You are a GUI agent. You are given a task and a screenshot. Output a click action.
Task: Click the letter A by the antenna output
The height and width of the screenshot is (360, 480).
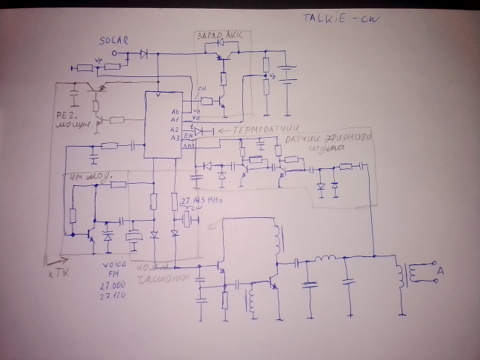tap(441, 273)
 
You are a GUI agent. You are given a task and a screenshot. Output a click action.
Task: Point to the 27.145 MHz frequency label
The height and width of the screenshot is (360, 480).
tap(197, 199)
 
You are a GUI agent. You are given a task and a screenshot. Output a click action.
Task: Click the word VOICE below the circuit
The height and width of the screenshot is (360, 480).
tap(116, 266)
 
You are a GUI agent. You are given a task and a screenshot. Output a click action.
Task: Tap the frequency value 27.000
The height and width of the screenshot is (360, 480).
tap(116, 284)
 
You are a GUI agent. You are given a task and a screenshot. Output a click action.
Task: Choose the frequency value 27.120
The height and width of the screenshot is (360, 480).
tap(116, 296)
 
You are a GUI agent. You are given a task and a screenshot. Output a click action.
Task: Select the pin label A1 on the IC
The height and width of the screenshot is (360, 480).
tap(175, 119)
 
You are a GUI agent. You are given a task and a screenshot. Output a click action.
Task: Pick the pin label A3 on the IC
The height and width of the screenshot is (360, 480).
tap(175, 137)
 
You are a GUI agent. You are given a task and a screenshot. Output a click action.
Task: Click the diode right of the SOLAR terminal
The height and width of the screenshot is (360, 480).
tap(143, 53)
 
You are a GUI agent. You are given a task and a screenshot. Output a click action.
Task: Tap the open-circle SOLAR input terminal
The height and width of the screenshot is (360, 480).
tap(115, 53)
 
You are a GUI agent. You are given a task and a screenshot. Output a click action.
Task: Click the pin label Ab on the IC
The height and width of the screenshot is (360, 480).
tap(175, 110)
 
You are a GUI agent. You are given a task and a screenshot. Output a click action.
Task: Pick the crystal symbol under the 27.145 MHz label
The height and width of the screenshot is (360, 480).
tap(182, 220)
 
